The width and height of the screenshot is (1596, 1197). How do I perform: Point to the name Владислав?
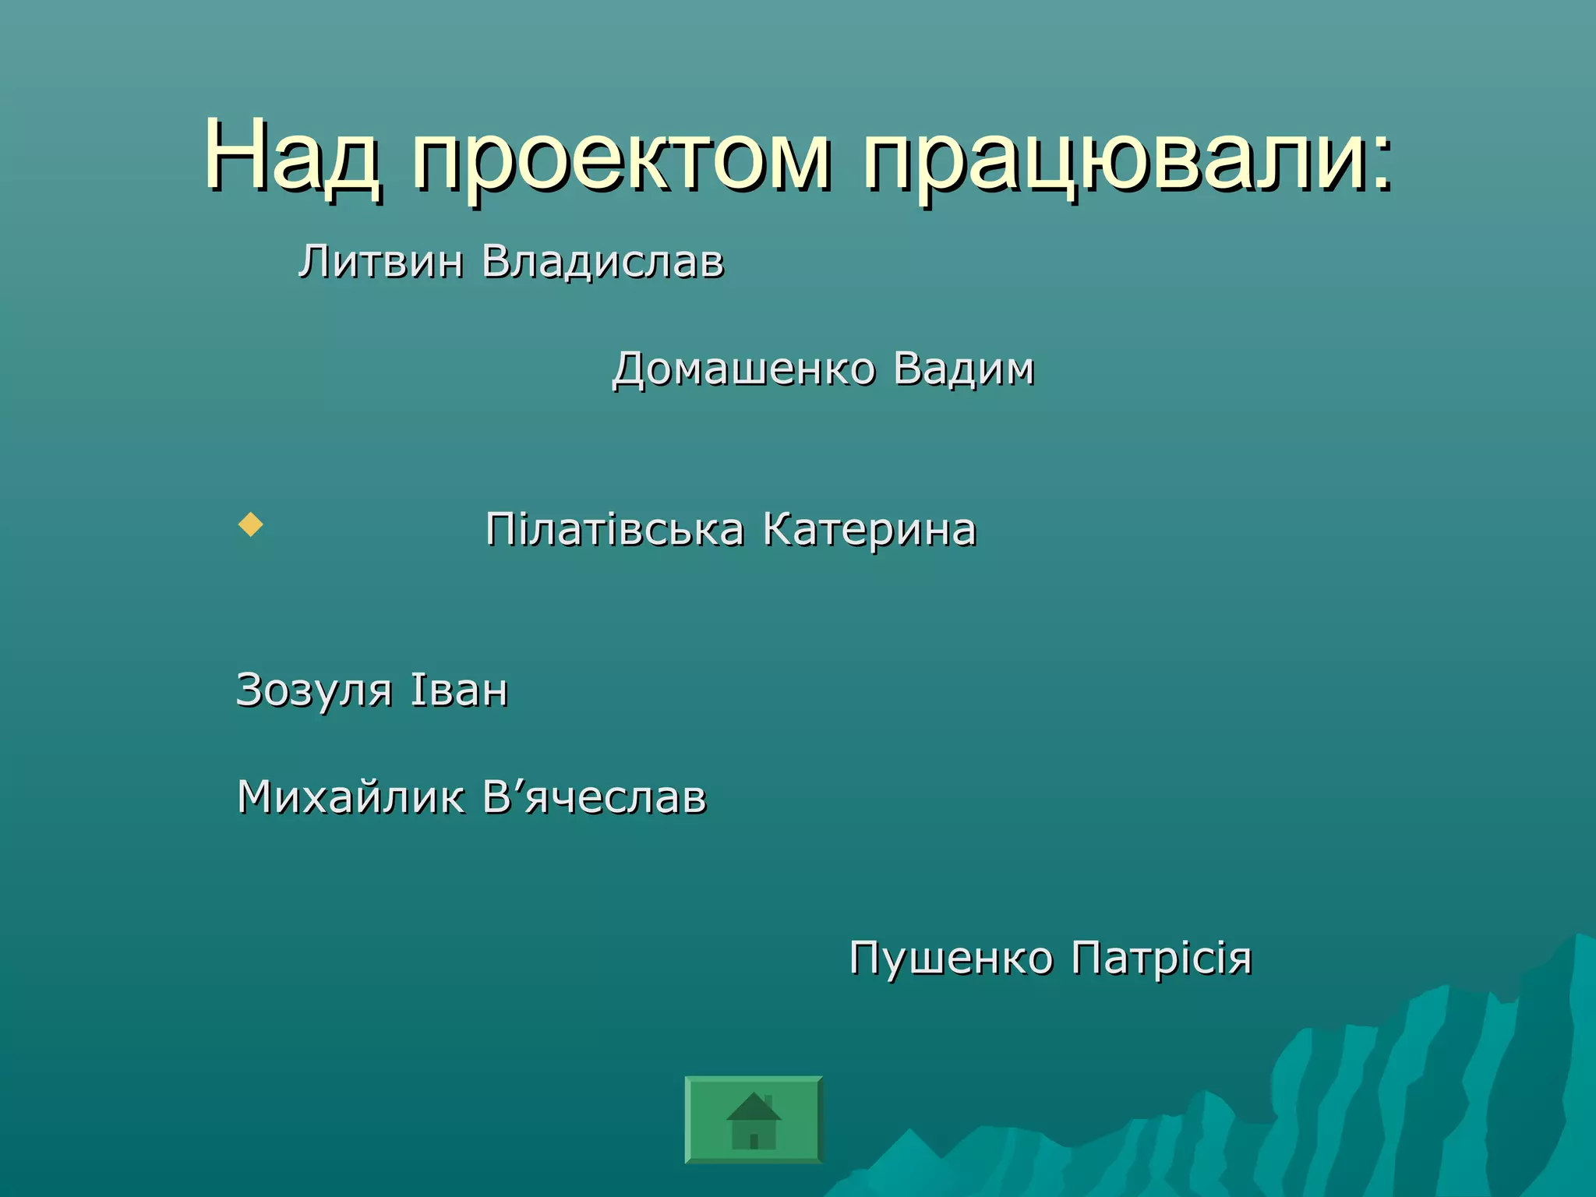click(602, 263)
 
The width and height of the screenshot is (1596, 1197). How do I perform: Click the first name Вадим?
click(963, 369)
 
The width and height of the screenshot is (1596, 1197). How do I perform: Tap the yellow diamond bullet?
click(250, 524)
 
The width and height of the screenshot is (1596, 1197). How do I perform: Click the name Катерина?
click(869, 530)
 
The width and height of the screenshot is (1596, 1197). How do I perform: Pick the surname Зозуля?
click(313, 691)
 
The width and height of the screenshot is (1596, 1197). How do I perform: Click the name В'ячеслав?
click(594, 797)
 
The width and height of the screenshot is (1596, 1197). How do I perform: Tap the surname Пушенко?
click(950, 958)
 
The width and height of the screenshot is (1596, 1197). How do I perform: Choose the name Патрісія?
click(1161, 958)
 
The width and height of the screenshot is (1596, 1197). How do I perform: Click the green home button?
click(754, 1119)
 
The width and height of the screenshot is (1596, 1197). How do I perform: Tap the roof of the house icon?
click(753, 1107)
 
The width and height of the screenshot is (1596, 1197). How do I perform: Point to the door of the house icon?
click(754, 1141)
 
